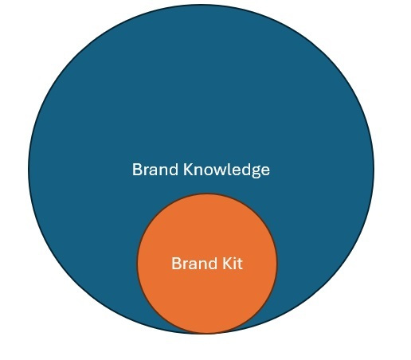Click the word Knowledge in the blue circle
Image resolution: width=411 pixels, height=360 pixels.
tap(226, 170)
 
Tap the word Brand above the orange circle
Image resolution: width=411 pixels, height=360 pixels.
tap(155, 170)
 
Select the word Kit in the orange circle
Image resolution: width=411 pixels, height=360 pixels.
tap(233, 264)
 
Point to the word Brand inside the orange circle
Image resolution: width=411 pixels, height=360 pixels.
tap(194, 264)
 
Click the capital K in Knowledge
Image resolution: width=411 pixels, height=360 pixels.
tap(188, 170)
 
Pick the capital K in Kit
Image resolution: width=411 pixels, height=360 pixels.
tap(227, 264)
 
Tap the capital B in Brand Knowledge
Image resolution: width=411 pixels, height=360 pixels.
tap(137, 170)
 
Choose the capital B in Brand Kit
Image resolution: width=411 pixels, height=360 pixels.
tap(176, 264)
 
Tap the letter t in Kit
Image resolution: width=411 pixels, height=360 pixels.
tap(240, 264)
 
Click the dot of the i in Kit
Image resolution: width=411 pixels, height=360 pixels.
tap(234, 258)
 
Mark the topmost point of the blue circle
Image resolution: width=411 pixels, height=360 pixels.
tap(201, 5)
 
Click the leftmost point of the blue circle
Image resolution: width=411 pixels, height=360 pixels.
tap(29, 169)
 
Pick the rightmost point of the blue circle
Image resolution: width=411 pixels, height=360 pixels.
tap(374, 169)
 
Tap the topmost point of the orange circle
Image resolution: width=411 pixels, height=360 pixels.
tap(207, 194)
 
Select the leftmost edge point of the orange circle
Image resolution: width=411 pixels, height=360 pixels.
tap(137, 264)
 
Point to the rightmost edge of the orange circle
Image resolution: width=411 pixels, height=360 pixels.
tap(277, 264)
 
